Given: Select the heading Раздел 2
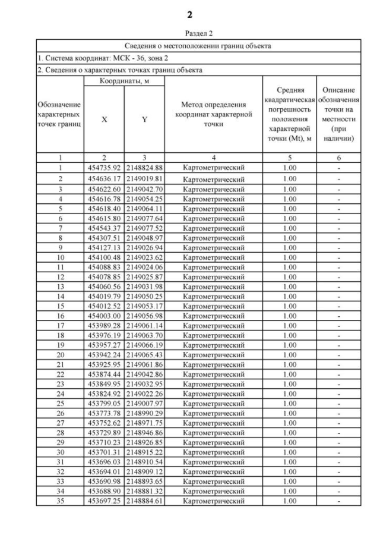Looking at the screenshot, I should [190, 34].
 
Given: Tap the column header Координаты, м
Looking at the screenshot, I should [123, 80].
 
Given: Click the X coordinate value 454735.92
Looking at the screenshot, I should [104, 168].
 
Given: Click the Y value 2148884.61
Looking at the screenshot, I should [144, 501].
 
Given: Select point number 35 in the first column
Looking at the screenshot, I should [60, 501].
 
